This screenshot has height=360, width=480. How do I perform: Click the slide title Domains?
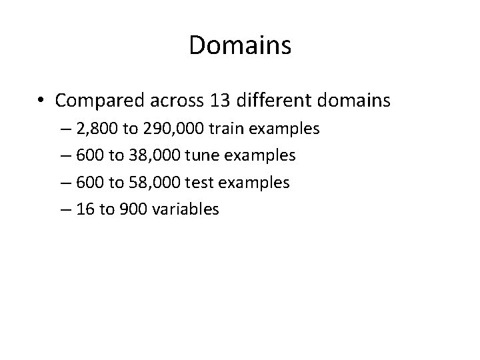point(240,45)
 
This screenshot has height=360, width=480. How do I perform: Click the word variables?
point(185,209)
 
